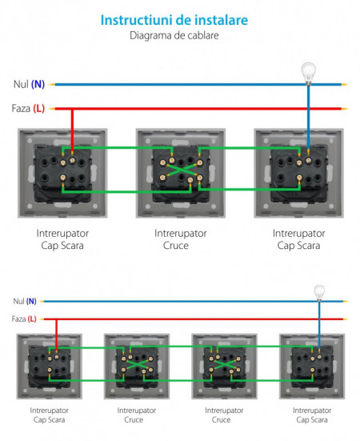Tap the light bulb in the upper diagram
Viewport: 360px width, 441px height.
(x=308, y=71)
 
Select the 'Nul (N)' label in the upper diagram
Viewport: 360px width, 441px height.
(x=28, y=84)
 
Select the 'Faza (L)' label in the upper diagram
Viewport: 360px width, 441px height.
(x=28, y=108)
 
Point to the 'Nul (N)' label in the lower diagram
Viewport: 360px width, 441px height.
(x=24, y=301)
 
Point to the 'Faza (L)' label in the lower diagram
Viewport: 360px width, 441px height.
(x=24, y=319)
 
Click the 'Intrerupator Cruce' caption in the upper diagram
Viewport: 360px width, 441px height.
(x=180, y=239)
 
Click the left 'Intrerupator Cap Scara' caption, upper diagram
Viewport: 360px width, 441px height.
(x=60, y=239)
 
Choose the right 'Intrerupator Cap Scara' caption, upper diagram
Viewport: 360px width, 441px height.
(x=298, y=239)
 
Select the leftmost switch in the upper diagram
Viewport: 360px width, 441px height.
(x=60, y=172)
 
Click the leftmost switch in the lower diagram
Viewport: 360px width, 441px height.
(x=49, y=367)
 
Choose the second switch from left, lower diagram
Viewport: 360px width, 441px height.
(x=136, y=367)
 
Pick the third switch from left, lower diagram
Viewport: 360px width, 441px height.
(x=223, y=367)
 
